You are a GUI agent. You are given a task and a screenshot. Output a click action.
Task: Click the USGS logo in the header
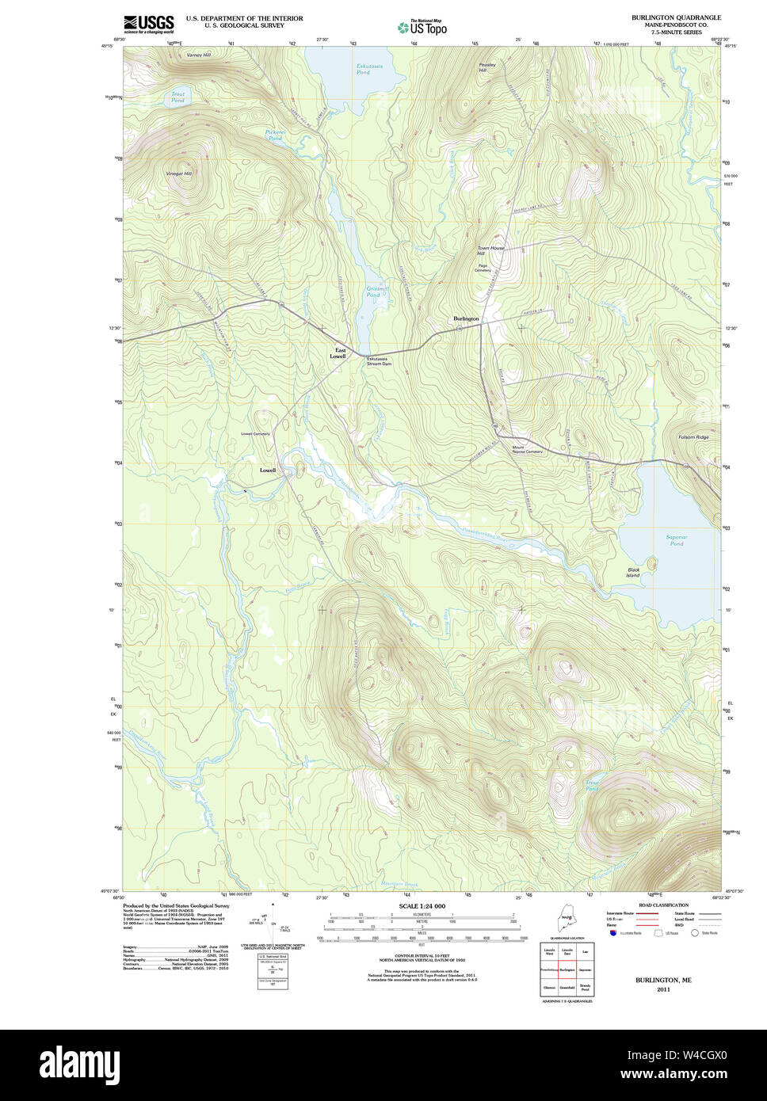coord(148,25)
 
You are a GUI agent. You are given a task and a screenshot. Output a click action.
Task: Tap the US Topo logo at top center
coord(422,28)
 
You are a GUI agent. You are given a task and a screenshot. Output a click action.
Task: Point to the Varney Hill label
coord(198,55)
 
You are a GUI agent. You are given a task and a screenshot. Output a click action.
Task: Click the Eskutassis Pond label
coord(368,69)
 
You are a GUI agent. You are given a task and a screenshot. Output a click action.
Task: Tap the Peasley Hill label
coord(487,67)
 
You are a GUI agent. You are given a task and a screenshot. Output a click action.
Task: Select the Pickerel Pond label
coord(274,135)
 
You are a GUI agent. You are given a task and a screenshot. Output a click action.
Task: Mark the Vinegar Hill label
coord(179,173)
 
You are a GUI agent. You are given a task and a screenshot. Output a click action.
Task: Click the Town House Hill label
coord(490,250)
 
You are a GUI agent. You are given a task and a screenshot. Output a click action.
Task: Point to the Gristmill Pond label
coord(378,291)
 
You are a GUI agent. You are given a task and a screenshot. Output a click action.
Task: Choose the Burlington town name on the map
coord(466,318)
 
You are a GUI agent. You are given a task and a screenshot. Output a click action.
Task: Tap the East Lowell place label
coord(339,353)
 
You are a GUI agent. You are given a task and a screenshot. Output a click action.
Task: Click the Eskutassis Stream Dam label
coord(379,361)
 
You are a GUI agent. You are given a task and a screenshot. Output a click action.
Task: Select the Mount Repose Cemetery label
coord(527,449)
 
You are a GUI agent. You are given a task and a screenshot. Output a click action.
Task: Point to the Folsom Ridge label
coord(693,437)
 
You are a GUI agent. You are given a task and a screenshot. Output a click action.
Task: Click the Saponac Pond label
coord(676,540)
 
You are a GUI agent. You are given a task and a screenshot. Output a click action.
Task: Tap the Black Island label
coord(633,572)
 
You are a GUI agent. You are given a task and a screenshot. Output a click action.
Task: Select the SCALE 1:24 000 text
coord(422,906)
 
